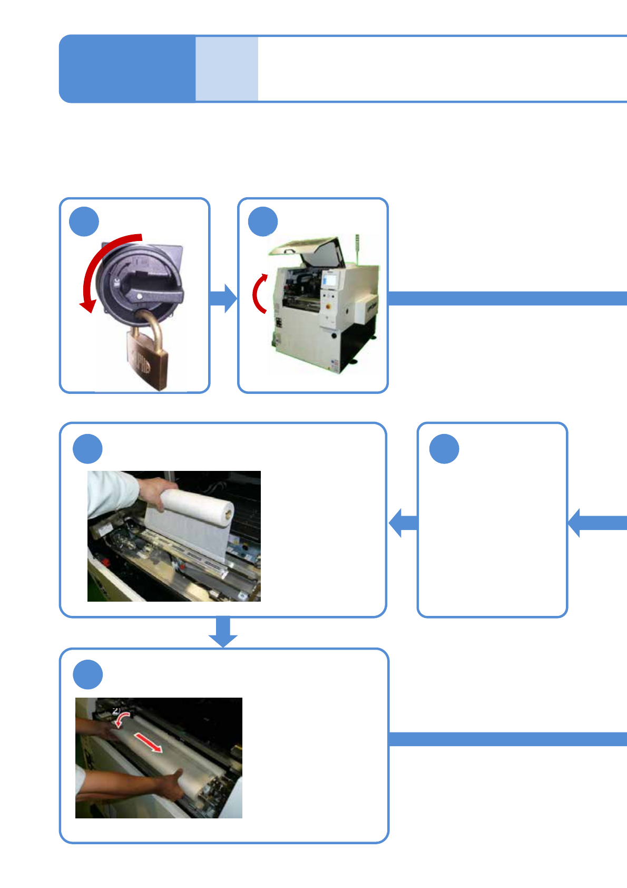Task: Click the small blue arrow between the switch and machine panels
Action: click(x=224, y=298)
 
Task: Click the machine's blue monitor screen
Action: click(x=331, y=279)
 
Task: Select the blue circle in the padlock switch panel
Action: click(x=84, y=222)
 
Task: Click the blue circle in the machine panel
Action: click(x=263, y=222)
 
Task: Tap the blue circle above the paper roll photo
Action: click(x=87, y=449)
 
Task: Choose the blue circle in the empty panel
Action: click(x=444, y=449)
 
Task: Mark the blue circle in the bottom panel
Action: click(x=87, y=674)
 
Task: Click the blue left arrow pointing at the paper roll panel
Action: click(x=403, y=523)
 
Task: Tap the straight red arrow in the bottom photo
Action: click(x=149, y=742)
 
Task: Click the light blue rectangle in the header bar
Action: click(x=227, y=69)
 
